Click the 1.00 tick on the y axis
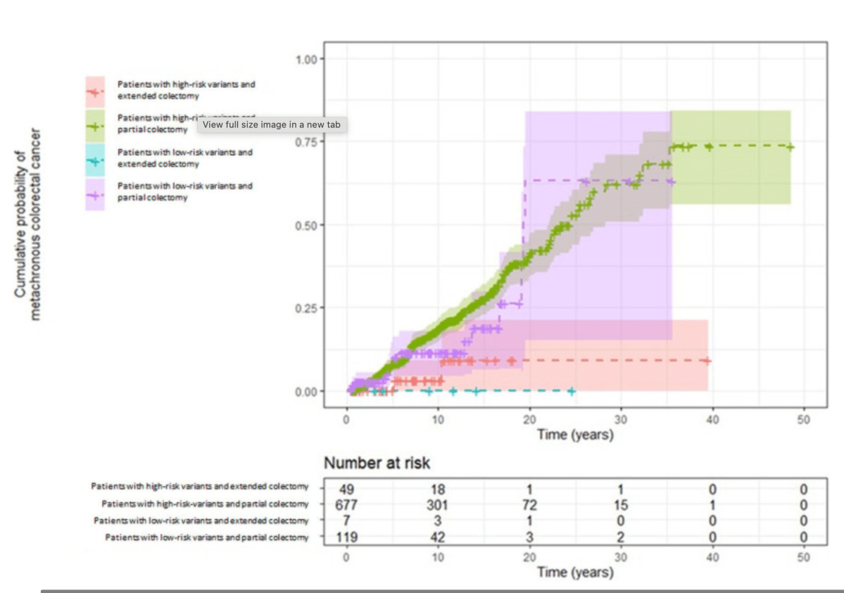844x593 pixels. tap(307, 58)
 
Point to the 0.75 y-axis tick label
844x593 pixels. tap(307, 141)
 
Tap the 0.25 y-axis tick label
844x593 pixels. tap(307, 308)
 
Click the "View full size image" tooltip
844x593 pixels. tap(272, 125)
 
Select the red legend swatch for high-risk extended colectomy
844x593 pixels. tap(95, 89)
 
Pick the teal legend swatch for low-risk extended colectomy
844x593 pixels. tap(95, 158)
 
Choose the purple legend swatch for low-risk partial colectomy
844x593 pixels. tap(95, 192)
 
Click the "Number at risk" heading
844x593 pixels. tap(377, 464)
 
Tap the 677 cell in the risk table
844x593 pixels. tap(346, 504)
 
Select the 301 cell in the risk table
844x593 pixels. tap(438, 504)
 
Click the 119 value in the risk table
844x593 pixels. tap(346, 537)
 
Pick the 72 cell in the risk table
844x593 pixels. tap(529, 504)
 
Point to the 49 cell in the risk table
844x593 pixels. tap(346, 490)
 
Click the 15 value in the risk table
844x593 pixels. tap(620, 504)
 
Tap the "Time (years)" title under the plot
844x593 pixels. tap(575, 435)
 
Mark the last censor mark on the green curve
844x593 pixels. tap(791, 147)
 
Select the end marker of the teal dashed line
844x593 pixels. tap(572, 391)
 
